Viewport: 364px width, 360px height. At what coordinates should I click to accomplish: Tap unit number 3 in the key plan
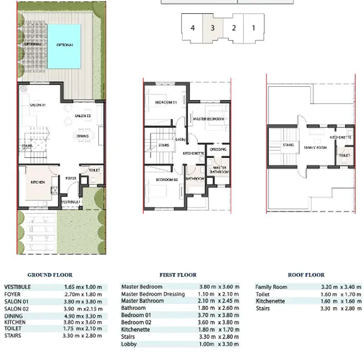point(213,28)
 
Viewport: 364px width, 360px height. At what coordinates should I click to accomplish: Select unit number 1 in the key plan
point(254,28)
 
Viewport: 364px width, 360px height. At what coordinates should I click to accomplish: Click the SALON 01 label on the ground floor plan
point(38,105)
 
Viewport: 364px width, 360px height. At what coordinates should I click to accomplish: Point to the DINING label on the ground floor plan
point(82,135)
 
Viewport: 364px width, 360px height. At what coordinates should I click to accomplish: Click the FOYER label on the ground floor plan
point(71,178)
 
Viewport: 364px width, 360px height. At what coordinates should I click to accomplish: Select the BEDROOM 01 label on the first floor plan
point(166,102)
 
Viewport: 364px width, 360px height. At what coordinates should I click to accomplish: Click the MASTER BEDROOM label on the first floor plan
point(208,119)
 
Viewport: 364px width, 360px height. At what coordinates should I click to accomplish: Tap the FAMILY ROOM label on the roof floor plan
point(313,147)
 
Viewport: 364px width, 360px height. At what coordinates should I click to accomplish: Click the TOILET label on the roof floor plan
point(344,155)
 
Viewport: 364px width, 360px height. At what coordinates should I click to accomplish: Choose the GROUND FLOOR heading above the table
point(50,275)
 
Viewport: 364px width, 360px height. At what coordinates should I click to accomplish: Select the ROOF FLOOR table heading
point(306,275)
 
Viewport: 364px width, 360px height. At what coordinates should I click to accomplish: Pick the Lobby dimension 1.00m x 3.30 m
point(219,344)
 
